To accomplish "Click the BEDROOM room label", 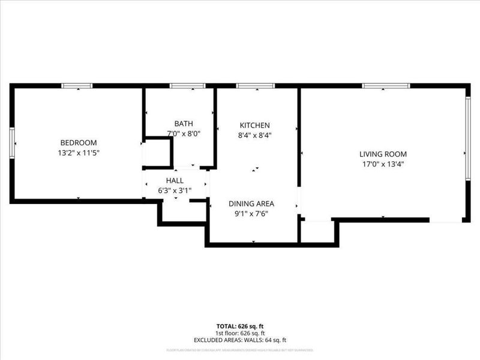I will click(79, 142).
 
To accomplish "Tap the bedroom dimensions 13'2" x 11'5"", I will click(79, 153).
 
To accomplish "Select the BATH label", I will click(184, 124).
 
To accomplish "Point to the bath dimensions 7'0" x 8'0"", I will click(184, 134).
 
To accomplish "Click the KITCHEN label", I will click(255, 125).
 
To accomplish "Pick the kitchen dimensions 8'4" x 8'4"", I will click(255, 135).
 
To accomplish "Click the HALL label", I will click(175, 180).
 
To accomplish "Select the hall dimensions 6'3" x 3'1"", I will click(175, 190).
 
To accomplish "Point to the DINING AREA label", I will click(255, 203).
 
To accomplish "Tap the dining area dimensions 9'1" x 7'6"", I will click(255, 214).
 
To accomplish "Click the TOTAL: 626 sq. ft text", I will click(239, 326).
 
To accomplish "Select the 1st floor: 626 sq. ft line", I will click(239, 333).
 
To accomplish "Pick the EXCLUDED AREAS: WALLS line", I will click(239, 340).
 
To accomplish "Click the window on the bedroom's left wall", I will click(11, 142).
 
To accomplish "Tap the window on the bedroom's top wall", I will click(77, 86).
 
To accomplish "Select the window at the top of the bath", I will click(183, 86).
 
